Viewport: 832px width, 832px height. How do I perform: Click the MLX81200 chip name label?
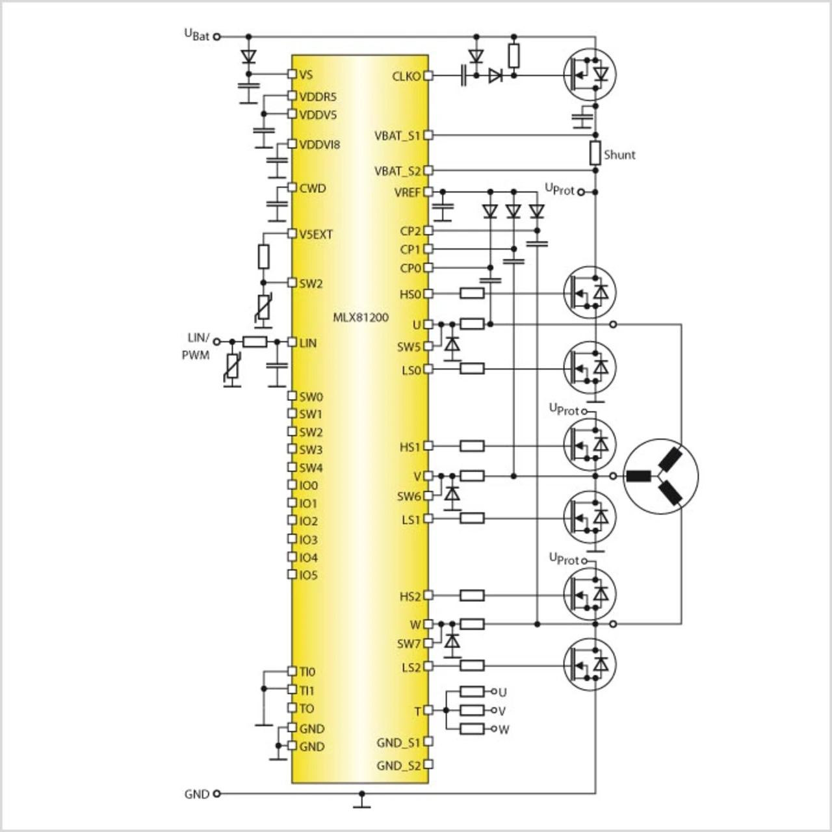point(361,318)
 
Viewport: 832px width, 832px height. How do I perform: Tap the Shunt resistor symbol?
point(595,153)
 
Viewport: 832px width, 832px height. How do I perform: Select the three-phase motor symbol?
point(660,476)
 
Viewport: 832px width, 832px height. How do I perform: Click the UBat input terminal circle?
point(217,37)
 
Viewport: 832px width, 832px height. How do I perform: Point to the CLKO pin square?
point(428,76)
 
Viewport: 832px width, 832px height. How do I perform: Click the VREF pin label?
point(407,192)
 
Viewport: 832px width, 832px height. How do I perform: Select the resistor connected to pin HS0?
point(472,294)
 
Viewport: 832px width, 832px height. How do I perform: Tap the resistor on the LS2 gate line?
point(472,666)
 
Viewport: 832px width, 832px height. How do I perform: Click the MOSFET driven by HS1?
point(590,445)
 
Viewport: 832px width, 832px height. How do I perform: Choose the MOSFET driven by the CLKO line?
point(590,74)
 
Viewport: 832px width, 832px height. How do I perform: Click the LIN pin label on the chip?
point(308,343)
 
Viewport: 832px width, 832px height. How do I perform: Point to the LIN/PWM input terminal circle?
point(217,342)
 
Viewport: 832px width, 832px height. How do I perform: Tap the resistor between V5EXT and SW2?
point(263,257)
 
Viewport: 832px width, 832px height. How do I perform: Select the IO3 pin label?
point(309,539)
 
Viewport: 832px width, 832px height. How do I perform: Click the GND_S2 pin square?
point(428,764)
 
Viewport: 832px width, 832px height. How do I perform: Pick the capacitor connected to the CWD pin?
point(277,205)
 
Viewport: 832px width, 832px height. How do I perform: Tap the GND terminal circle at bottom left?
point(217,794)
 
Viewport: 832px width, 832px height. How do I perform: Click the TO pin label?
point(307,709)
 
